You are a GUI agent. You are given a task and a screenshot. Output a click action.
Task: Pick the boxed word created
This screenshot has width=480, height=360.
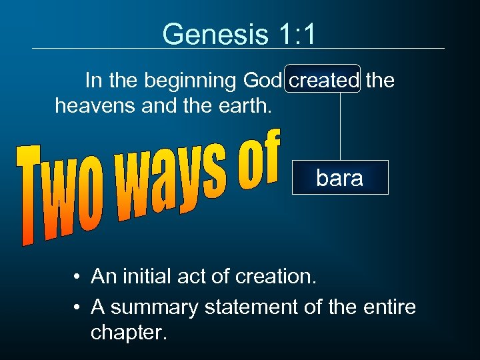(323, 81)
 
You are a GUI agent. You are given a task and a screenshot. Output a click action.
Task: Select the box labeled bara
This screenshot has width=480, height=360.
(340, 177)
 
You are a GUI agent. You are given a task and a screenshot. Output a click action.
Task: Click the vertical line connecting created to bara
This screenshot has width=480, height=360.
(341, 127)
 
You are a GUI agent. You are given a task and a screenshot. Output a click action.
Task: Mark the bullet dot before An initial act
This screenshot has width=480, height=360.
(79, 277)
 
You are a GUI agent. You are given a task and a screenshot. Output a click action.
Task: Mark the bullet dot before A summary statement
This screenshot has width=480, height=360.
(79, 308)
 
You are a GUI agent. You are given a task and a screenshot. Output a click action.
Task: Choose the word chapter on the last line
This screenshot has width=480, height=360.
(127, 331)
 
